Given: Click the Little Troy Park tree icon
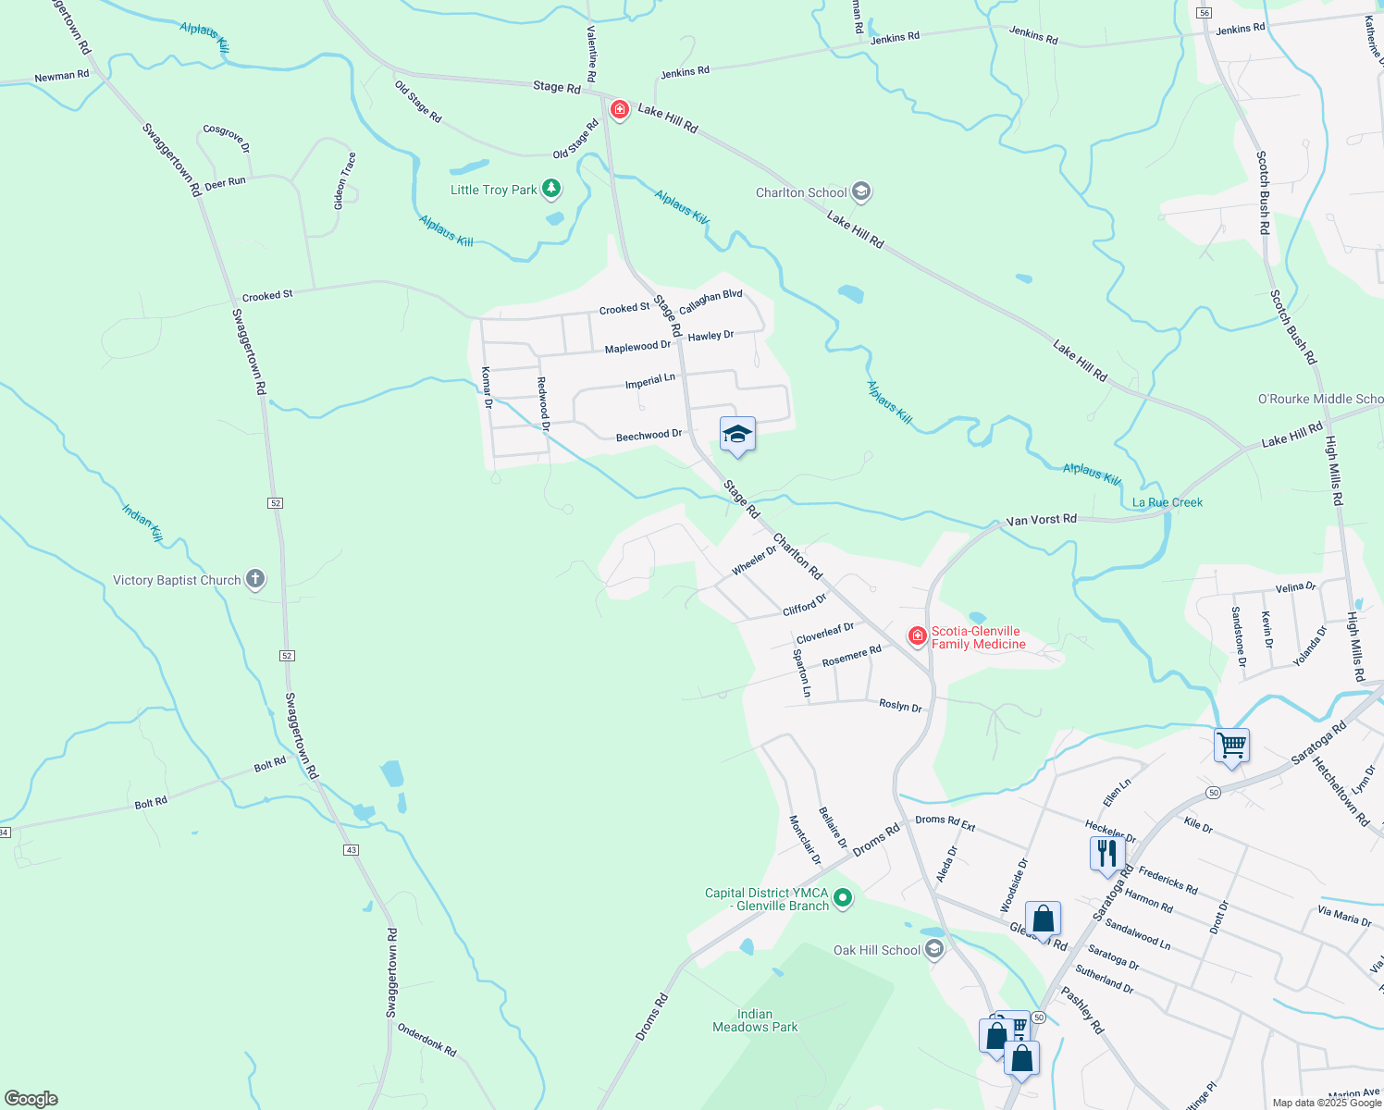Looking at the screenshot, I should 551,190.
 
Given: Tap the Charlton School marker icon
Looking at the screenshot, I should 861,192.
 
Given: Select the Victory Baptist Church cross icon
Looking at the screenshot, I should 255,580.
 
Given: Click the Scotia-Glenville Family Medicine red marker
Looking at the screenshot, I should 917,635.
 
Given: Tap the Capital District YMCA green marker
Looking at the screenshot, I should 842,897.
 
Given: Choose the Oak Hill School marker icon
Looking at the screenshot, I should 934,949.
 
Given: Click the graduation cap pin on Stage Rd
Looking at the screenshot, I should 737,435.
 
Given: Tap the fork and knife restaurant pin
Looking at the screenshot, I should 1106,854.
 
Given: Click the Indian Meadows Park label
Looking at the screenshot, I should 755,1020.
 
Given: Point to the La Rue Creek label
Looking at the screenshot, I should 1168,502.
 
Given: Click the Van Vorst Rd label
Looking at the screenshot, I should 1042,520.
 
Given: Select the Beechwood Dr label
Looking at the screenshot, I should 649,435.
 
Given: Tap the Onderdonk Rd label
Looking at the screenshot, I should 426,1040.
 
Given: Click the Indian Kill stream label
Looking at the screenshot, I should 142,523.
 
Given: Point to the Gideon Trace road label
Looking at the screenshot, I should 344,181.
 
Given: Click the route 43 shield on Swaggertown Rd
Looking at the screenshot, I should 351,849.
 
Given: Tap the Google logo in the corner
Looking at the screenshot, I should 31,1099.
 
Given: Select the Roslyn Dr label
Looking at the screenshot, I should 900,707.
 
